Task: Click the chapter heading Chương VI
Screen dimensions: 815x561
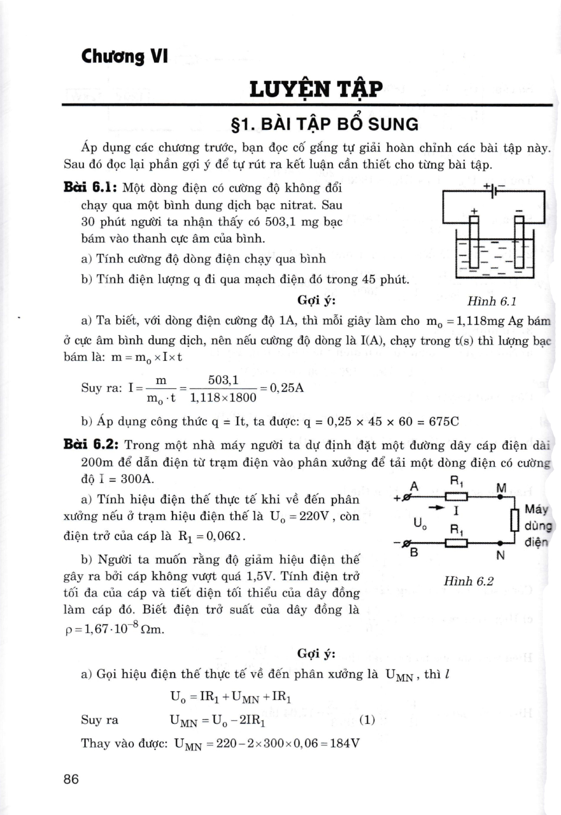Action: [x=124, y=56]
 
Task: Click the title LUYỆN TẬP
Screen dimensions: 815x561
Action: [x=316, y=89]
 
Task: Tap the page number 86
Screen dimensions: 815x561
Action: [x=71, y=779]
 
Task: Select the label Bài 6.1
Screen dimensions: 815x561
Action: [x=90, y=188]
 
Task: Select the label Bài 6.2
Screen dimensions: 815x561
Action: [x=91, y=444]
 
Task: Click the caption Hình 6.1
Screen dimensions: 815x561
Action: [x=491, y=301]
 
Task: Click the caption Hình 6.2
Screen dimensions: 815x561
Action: [x=468, y=581]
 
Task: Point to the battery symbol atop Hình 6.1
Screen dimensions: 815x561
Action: [x=493, y=191]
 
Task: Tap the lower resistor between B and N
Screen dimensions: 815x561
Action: [x=456, y=543]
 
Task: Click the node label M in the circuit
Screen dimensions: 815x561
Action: [x=501, y=487]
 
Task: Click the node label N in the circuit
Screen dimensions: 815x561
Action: [x=501, y=555]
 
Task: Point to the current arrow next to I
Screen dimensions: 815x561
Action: [x=436, y=508]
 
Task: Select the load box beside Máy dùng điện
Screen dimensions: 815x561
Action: [x=514, y=519]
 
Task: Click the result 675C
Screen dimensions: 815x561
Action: [x=444, y=422]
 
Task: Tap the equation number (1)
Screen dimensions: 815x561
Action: [x=367, y=720]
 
